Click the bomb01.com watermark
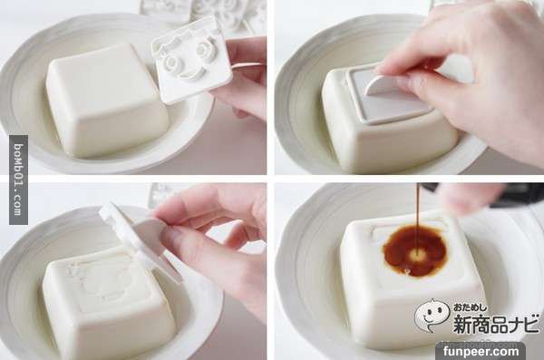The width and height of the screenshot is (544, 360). (19, 180)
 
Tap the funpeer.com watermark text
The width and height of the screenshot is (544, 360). (481, 351)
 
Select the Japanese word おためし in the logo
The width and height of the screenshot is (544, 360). (471, 307)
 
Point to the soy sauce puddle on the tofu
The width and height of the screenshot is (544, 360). (415, 250)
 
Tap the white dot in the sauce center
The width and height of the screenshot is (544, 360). (415, 256)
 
